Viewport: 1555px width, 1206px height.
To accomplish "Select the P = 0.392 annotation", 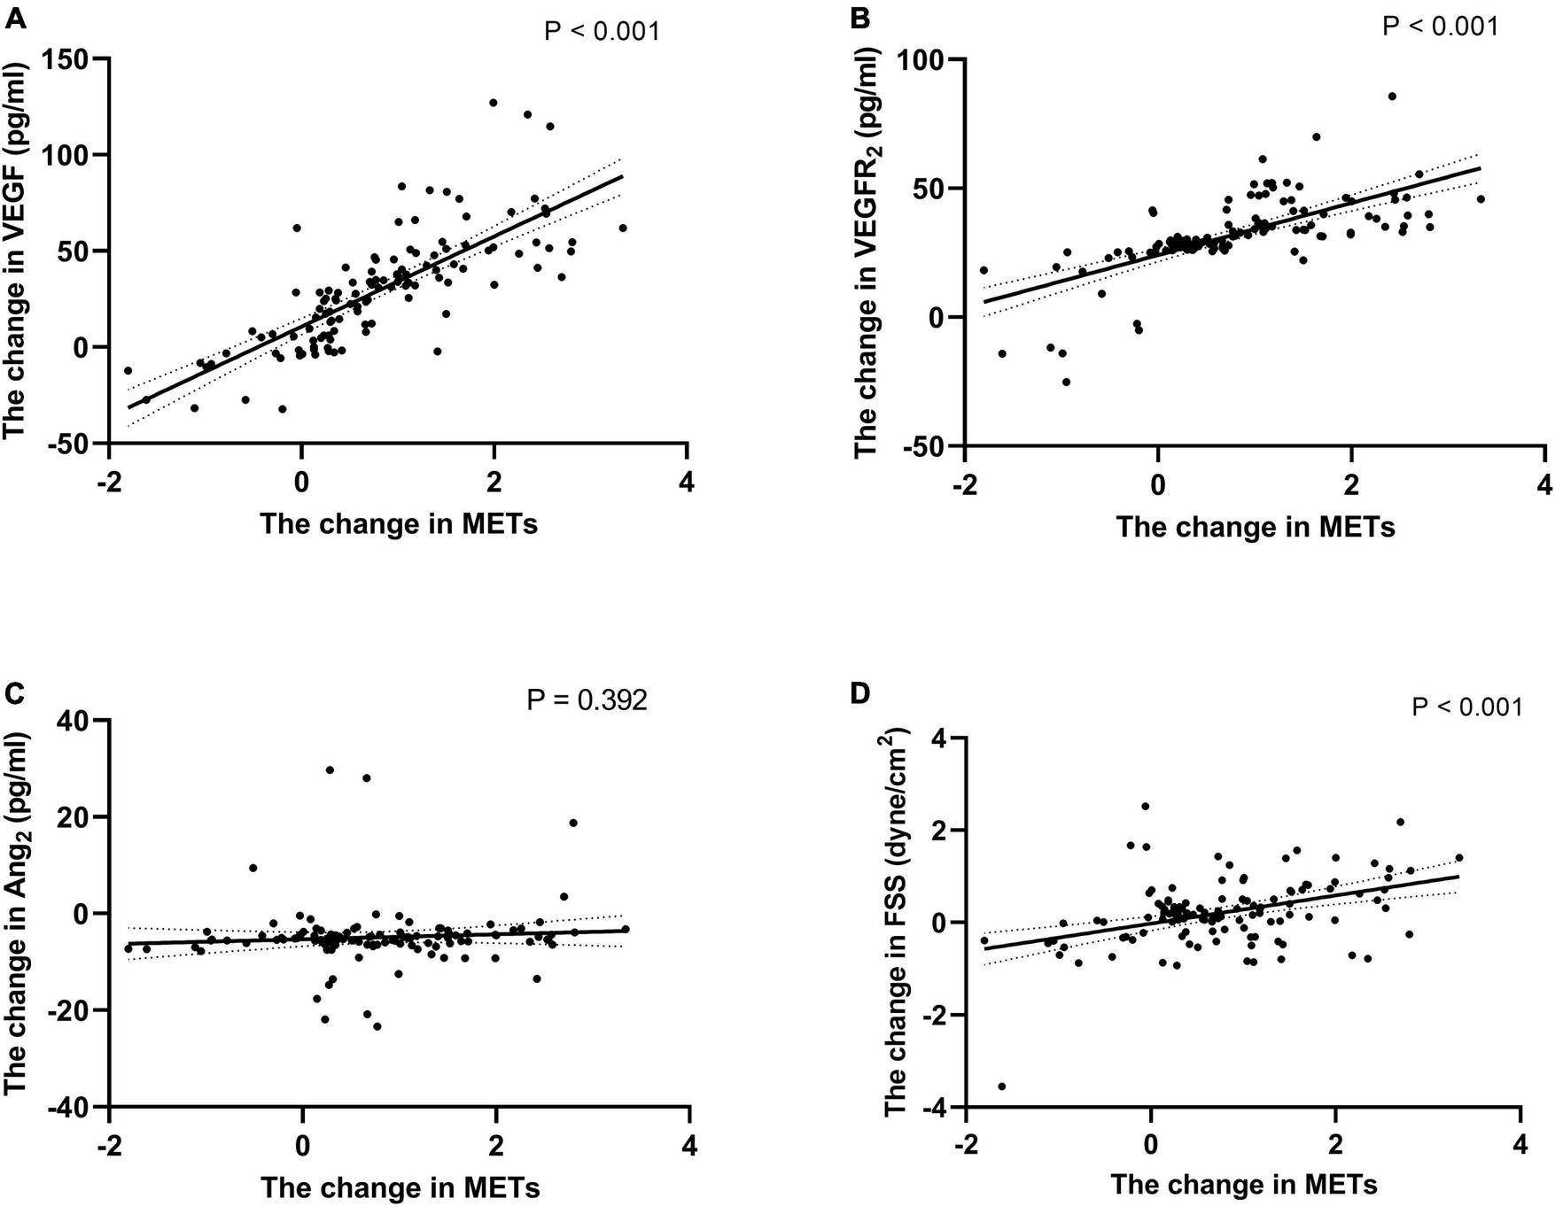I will pyautogui.click(x=587, y=700).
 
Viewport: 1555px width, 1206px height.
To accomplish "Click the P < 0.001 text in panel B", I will pyautogui.click(x=1441, y=26).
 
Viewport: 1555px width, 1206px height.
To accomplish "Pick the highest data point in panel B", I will pyautogui.click(x=1392, y=97).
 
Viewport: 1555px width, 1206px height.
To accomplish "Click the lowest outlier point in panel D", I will pyautogui.click(x=1002, y=1086).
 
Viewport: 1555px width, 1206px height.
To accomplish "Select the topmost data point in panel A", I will pyautogui.click(x=494, y=103).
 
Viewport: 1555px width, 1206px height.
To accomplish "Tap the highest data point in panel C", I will pyautogui.click(x=330, y=770).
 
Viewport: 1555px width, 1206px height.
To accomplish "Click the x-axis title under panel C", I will pyautogui.click(x=400, y=1187).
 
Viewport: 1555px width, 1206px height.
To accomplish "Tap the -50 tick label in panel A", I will pyautogui.click(x=74, y=444).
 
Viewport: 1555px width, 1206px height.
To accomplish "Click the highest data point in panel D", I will pyautogui.click(x=1145, y=807).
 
